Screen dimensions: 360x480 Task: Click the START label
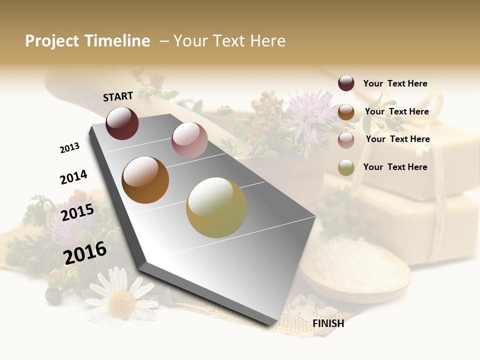click(118, 96)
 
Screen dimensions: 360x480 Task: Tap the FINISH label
click(328, 323)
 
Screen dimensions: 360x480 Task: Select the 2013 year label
click(69, 148)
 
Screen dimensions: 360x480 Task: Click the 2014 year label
click(73, 177)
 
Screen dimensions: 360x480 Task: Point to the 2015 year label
click(77, 212)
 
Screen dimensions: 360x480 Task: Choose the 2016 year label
click(85, 252)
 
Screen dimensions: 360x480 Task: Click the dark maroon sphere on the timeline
click(122, 123)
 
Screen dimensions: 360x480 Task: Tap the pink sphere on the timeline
click(189, 140)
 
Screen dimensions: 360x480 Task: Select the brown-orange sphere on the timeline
click(145, 180)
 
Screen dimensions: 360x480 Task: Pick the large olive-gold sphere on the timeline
click(216, 207)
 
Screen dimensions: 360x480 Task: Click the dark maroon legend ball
click(346, 83)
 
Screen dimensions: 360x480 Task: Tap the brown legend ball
click(346, 112)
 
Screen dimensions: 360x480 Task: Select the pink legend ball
click(346, 140)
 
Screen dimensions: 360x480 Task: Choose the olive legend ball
click(346, 167)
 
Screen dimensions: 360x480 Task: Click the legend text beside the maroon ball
click(395, 83)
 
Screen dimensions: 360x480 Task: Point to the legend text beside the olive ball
click(395, 167)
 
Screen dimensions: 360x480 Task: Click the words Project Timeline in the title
click(87, 41)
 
